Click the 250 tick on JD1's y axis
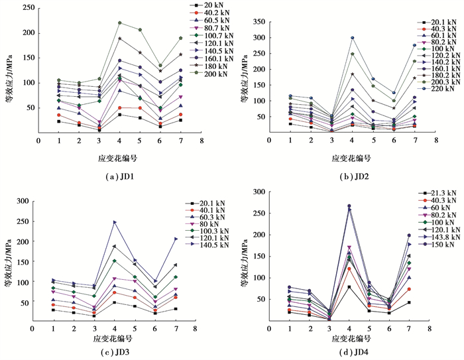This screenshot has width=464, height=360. tap(28, 9)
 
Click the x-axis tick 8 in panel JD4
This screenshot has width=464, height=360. tap(429, 328)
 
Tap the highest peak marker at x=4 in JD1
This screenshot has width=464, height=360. tap(120, 23)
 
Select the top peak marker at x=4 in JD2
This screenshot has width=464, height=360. tap(353, 38)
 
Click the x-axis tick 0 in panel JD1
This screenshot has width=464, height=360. tap(39, 141)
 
